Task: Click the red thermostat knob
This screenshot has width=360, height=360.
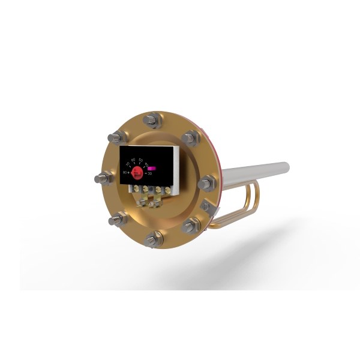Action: pyautogui.click(x=137, y=173)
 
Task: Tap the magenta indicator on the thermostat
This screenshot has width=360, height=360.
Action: pyautogui.click(x=152, y=168)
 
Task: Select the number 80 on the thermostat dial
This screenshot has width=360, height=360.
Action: pyautogui.click(x=125, y=172)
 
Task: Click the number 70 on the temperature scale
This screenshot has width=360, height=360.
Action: pyautogui.click(x=128, y=163)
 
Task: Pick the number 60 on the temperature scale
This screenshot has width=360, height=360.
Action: pyautogui.click(x=133, y=160)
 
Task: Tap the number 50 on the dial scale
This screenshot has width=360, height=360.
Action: pyautogui.click(x=141, y=160)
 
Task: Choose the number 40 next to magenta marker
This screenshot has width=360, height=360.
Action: pyautogui.click(x=146, y=164)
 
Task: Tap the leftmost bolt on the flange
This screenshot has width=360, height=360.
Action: pyautogui.click(x=101, y=178)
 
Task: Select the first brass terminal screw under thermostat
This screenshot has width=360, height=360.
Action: pyautogui.click(x=136, y=188)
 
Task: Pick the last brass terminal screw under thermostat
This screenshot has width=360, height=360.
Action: pyautogui.click(x=167, y=190)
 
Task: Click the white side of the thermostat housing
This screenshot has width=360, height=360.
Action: pyautogui.click(x=176, y=168)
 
